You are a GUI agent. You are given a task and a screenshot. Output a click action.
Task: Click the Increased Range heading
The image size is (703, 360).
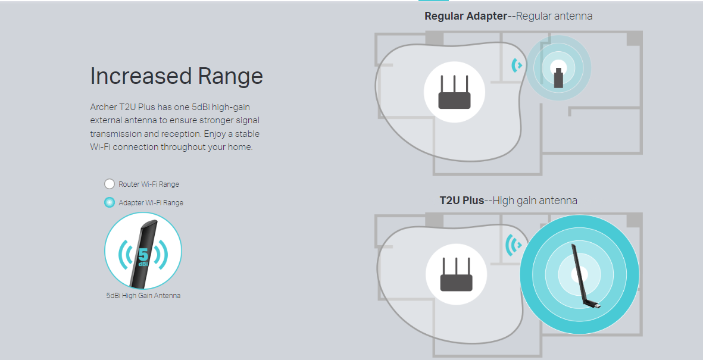[176, 76]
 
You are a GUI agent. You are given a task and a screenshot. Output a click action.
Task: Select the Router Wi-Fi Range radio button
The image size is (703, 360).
[110, 184]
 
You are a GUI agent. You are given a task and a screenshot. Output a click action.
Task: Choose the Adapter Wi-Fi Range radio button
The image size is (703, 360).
[110, 202]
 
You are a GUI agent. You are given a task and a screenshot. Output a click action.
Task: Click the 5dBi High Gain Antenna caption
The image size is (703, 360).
[143, 295]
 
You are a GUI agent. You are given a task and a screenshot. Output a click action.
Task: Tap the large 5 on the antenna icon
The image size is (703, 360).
[143, 253]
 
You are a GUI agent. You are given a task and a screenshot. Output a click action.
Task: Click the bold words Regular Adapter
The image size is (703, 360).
[465, 16]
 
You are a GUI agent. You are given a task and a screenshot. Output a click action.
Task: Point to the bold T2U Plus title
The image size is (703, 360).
[461, 201]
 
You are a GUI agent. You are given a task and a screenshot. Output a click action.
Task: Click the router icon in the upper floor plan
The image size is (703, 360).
[454, 92]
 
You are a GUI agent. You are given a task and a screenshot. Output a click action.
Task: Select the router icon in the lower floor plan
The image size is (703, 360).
[456, 274]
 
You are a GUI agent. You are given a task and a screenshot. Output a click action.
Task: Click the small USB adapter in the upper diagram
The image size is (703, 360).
[558, 78]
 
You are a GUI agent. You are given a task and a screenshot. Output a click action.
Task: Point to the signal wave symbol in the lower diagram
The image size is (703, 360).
[513, 245]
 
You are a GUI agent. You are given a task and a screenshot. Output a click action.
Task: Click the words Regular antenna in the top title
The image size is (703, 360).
[554, 16]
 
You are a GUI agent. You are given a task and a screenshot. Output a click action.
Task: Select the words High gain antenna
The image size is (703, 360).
[535, 201]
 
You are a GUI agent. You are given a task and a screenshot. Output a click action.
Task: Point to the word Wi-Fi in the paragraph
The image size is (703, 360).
[100, 147]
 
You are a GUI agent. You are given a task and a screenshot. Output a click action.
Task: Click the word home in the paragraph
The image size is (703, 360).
[242, 147]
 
